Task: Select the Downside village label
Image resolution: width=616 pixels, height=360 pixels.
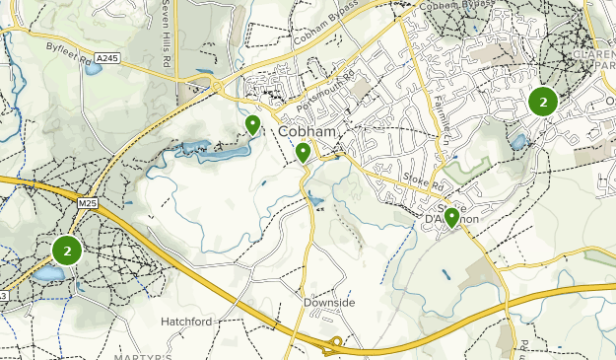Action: (x=329, y=303)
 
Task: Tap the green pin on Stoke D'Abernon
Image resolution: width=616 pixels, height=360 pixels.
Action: (x=451, y=217)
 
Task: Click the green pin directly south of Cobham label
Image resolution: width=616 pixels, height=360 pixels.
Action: (x=303, y=152)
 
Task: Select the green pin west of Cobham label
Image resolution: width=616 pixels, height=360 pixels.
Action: (x=253, y=124)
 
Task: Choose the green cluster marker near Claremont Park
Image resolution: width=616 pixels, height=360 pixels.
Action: (x=542, y=102)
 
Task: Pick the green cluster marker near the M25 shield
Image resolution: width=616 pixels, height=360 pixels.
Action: (x=67, y=250)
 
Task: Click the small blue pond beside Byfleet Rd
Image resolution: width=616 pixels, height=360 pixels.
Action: (x=93, y=69)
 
